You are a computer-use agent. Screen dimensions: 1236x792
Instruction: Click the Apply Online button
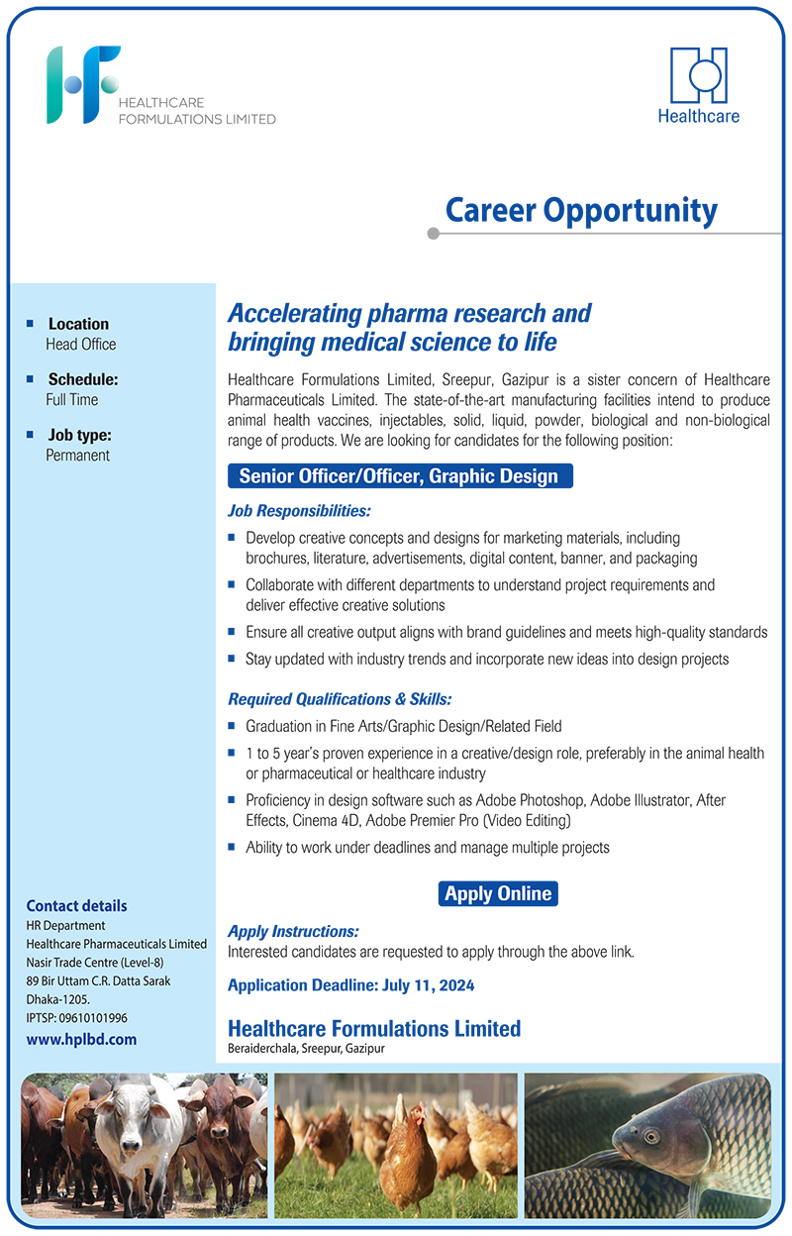pyautogui.click(x=498, y=893)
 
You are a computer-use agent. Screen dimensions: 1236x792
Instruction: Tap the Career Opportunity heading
pyautogui.click(x=581, y=210)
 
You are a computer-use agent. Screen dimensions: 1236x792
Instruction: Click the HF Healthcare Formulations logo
pyautogui.click(x=84, y=85)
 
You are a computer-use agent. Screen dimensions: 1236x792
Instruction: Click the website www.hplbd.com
pyautogui.click(x=81, y=1040)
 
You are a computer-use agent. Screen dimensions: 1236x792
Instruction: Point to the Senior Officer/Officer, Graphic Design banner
pyautogui.click(x=399, y=476)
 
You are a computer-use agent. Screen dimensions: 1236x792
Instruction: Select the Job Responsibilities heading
pyautogui.click(x=299, y=511)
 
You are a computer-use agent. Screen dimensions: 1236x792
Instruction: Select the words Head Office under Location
pyautogui.click(x=81, y=345)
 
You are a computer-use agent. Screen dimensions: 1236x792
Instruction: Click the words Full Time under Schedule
pyautogui.click(x=72, y=400)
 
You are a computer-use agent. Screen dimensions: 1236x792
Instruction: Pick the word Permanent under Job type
pyautogui.click(x=78, y=456)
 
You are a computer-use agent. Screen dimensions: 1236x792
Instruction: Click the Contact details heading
pyautogui.click(x=76, y=905)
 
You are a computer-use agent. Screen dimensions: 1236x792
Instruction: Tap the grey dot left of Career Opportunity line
pyautogui.click(x=433, y=234)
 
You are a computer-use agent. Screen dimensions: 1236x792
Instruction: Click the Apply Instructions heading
pyautogui.click(x=293, y=932)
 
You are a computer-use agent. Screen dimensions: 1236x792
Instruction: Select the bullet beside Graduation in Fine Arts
pyautogui.click(x=232, y=725)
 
